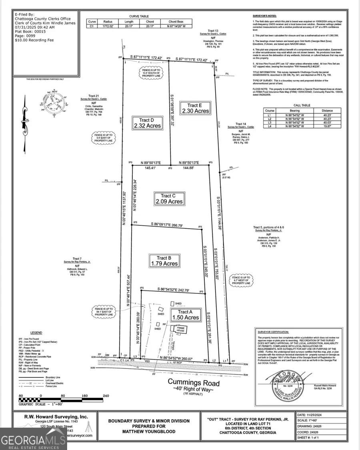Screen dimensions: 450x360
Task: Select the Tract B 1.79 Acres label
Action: [164, 261]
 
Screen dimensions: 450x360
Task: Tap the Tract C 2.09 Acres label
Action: [170, 199]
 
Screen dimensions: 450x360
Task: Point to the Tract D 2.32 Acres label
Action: [147, 123]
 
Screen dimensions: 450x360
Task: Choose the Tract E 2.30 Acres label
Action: [195, 108]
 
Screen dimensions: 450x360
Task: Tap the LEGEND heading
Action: [36, 333]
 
